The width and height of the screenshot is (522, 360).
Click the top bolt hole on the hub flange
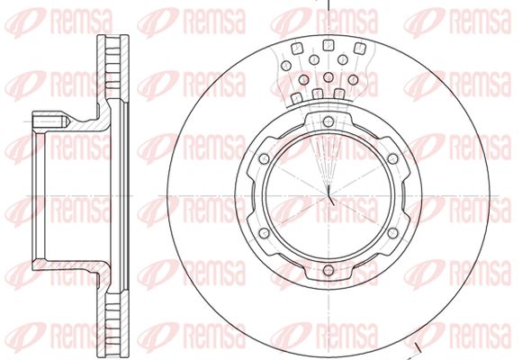[328, 121]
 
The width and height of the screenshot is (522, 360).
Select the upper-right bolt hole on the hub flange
[392, 158]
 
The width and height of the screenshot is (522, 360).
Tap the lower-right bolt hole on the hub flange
[392, 233]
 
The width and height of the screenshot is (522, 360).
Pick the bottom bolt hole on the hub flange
[328, 270]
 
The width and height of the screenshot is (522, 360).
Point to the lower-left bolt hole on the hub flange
[264, 233]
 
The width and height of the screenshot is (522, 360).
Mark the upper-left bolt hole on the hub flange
[264, 158]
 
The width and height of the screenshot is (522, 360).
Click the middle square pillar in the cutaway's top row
[328, 45]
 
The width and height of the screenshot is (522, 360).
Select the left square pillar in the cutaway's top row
[297, 49]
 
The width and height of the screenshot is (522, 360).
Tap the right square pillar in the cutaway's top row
[359, 49]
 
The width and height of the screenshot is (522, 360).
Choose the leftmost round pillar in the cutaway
[286, 66]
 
